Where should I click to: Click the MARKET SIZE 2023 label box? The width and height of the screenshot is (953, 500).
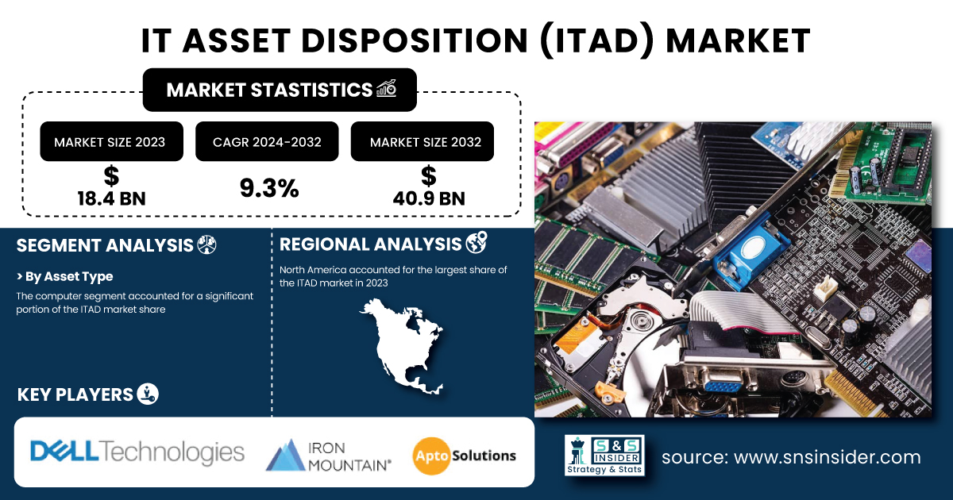(111, 141)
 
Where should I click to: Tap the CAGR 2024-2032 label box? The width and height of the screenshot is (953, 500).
(267, 141)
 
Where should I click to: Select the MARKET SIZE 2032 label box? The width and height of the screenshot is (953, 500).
(422, 141)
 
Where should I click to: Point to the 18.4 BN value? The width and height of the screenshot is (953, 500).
(111, 198)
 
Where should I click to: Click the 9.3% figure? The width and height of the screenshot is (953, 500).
(269, 188)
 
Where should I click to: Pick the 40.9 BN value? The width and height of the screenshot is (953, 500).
(429, 198)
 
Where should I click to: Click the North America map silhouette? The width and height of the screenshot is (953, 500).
(402, 345)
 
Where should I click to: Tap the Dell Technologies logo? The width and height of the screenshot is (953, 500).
(137, 452)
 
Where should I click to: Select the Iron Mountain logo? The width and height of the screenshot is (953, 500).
(328, 456)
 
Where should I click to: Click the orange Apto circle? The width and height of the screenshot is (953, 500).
(431, 456)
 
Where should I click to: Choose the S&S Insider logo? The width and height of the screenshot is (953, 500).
(604, 455)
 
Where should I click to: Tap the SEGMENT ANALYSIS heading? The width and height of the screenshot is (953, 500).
(105, 245)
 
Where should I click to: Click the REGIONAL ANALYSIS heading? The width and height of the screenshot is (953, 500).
(370, 244)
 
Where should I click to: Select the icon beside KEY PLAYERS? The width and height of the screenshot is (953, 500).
(148, 394)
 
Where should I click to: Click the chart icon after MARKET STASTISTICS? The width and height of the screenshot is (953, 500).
(386, 88)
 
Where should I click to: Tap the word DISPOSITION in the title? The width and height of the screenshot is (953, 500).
(415, 40)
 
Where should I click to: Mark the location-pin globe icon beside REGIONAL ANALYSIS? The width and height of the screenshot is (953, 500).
(476, 242)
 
